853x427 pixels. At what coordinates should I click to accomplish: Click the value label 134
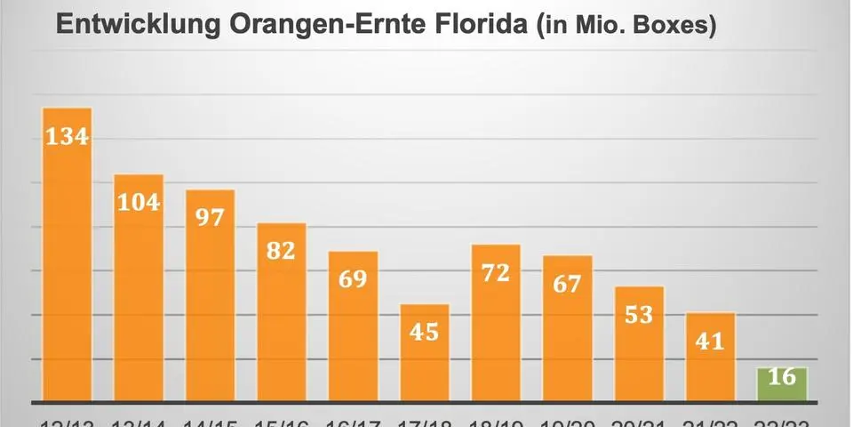(68, 138)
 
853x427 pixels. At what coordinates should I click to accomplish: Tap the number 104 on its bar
(139, 202)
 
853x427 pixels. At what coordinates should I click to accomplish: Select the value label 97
(210, 217)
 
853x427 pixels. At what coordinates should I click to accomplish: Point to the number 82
(281, 250)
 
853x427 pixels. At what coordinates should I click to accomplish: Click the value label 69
(353, 279)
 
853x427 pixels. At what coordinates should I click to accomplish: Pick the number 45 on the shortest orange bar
(424, 332)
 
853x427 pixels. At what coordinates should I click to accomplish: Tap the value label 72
(496, 272)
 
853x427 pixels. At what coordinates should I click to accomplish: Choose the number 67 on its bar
(567, 284)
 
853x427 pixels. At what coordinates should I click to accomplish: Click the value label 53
(639, 314)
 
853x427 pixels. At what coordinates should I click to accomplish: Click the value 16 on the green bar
(782, 377)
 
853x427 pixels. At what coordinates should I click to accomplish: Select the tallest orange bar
(68, 267)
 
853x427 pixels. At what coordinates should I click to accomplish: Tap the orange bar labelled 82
(281, 329)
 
